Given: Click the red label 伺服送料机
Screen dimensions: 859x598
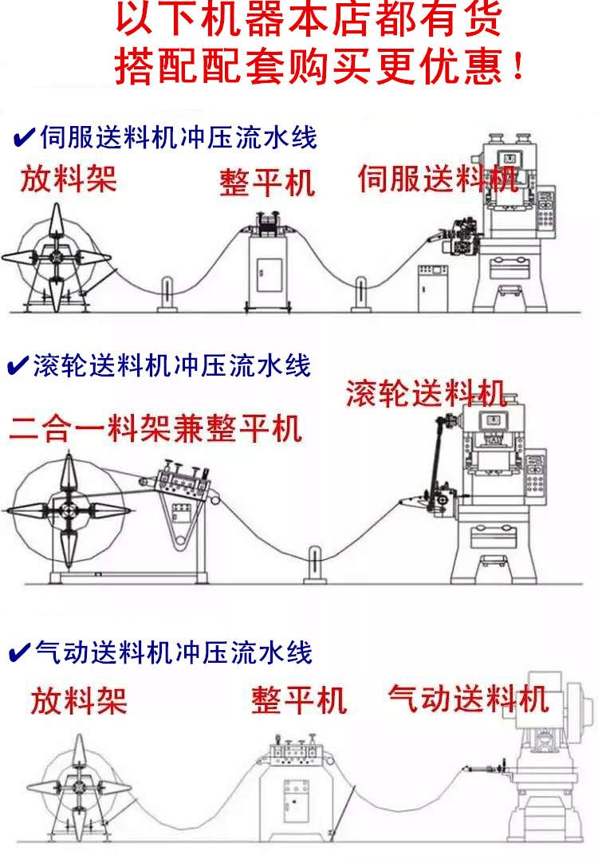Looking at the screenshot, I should [438, 178].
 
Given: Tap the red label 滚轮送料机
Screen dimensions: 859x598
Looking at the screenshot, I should [426, 394].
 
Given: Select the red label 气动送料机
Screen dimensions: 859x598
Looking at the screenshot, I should [468, 698].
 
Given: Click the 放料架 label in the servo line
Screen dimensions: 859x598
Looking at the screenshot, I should [69, 178].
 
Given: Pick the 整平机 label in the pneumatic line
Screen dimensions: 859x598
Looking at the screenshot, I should [299, 700].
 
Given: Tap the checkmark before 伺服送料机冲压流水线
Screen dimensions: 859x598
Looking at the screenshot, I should [23, 138].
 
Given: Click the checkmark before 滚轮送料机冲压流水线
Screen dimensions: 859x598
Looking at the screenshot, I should [17, 367].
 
